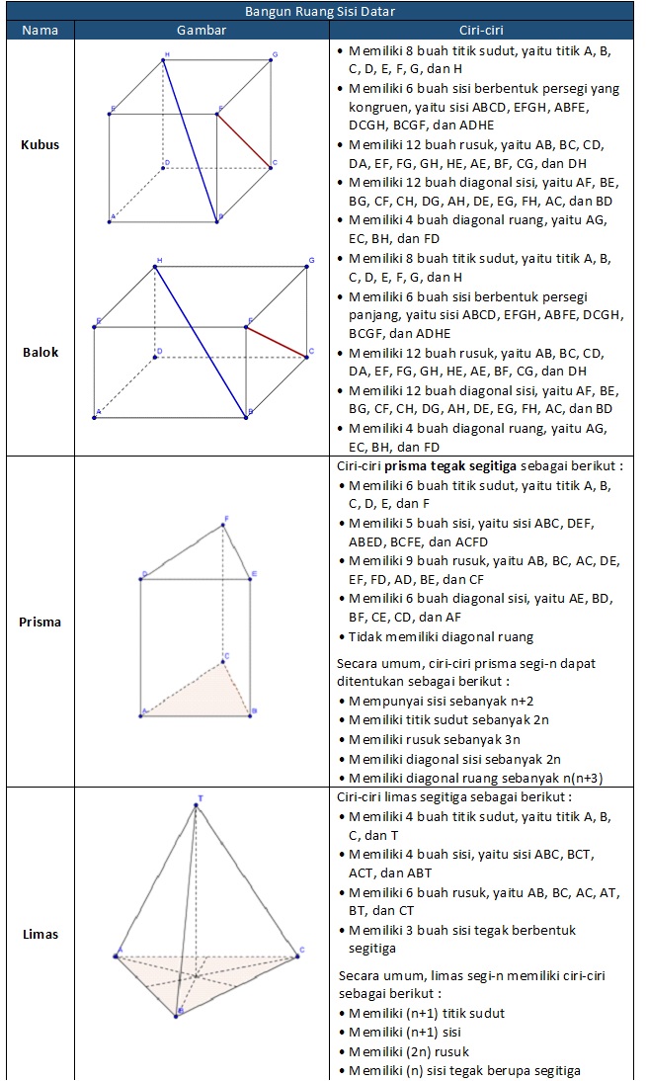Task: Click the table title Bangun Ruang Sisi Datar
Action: tap(323, 12)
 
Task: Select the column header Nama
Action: tap(40, 30)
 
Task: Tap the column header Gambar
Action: tap(202, 30)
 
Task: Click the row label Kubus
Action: tap(40, 144)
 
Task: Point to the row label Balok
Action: tap(40, 352)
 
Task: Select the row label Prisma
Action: tap(40, 622)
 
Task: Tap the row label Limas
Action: tap(40, 934)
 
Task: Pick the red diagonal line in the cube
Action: tap(244, 139)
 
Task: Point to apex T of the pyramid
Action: tap(197, 805)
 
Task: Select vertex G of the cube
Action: tap(271, 60)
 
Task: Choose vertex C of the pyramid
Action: tap(295, 955)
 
